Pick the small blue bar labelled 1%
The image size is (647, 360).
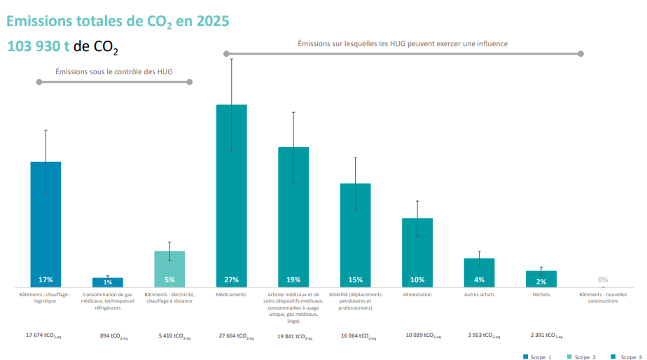tap(107, 282)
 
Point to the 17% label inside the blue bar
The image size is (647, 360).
tap(46, 279)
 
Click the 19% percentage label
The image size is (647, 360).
tap(293, 279)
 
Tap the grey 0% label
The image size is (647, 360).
tap(603, 279)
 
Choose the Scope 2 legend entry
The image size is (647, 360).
tap(580, 357)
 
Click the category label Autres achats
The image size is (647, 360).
tap(479, 295)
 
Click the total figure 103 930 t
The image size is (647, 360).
tap(39, 47)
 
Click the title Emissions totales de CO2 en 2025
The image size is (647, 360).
tap(118, 21)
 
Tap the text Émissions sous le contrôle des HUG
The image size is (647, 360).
tap(114, 71)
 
